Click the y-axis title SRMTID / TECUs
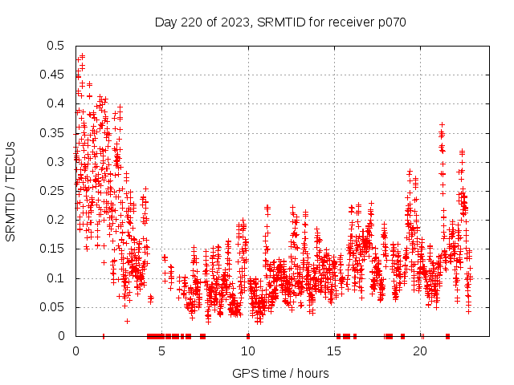[x=11, y=191]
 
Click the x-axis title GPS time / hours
[x=280, y=373]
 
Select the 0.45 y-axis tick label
[x=54, y=75]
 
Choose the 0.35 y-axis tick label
[x=54, y=133]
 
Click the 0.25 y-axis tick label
[x=54, y=191]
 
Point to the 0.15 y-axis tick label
[x=54, y=249]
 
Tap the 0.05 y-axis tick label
[x=54, y=307]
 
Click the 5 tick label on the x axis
[x=161, y=351]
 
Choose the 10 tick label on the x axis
[x=248, y=351]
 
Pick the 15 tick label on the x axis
[x=334, y=351]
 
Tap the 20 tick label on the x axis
[x=421, y=351]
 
